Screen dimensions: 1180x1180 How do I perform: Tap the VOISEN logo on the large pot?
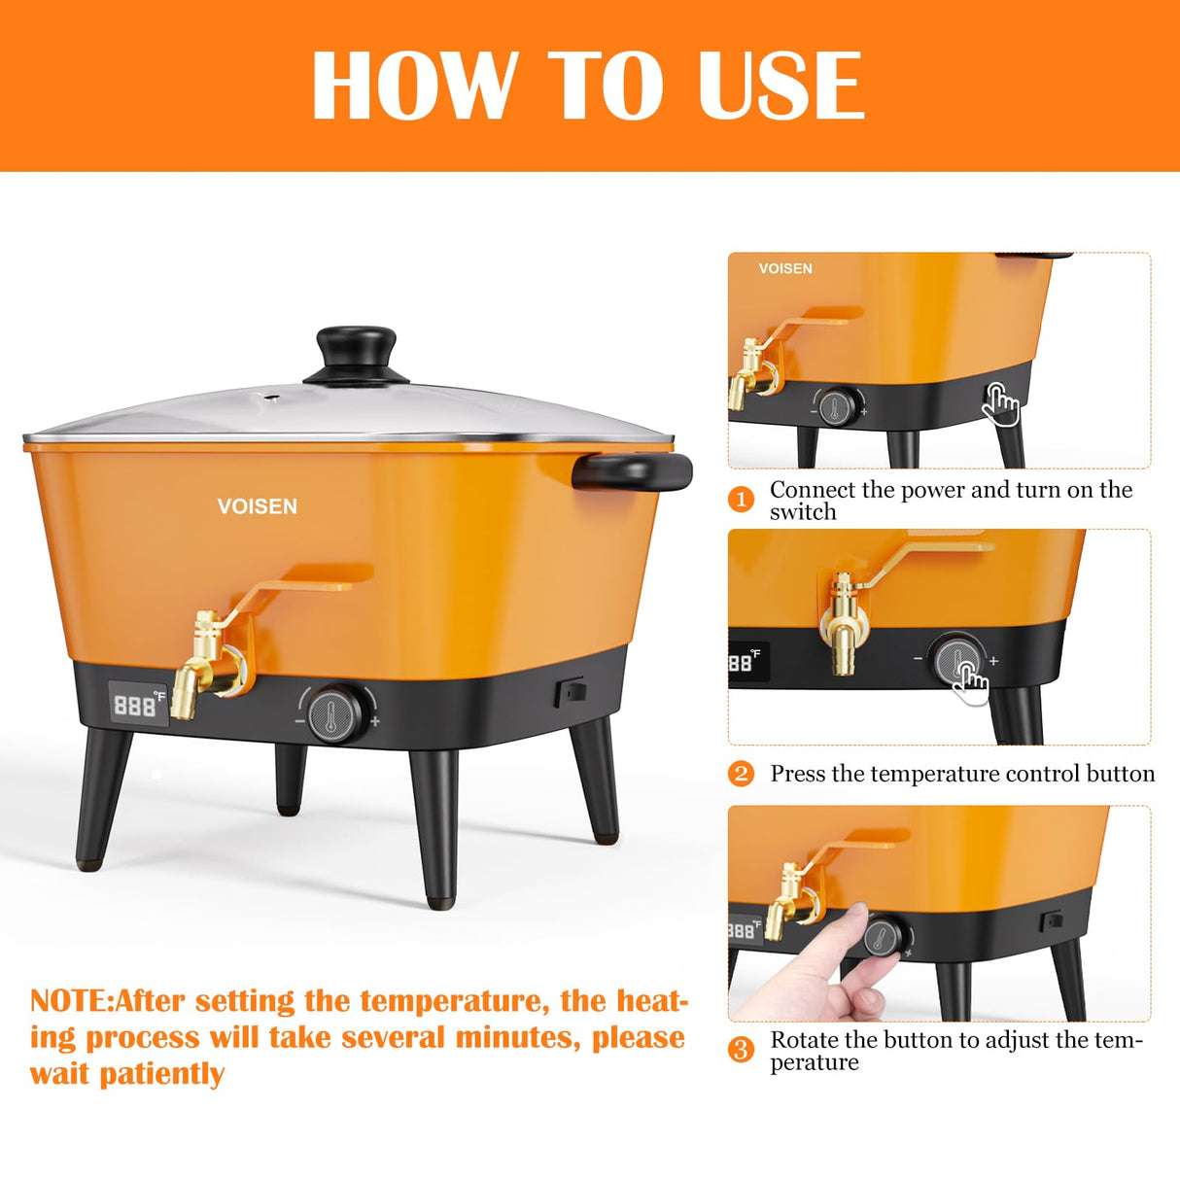(x=257, y=506)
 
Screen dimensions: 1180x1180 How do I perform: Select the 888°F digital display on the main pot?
(x=137, y=704)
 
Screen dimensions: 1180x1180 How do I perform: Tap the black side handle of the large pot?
(x=632, y=471)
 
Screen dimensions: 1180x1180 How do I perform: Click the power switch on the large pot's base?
(x=570, y=692)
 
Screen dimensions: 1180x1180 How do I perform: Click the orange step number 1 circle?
(x=741, y=500)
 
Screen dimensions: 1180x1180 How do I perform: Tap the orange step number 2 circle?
(x=741, y=774)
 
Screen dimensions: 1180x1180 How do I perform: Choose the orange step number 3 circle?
(x=741, y=1050)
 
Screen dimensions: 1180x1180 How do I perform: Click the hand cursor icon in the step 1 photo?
(x=1000, y=403)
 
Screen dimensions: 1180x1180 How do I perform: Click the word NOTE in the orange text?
(x=70, y=1001)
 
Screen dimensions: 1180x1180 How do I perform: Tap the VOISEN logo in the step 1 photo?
(x=785, y=268)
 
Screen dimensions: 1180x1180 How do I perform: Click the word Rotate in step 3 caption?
(x=803, y=1040)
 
